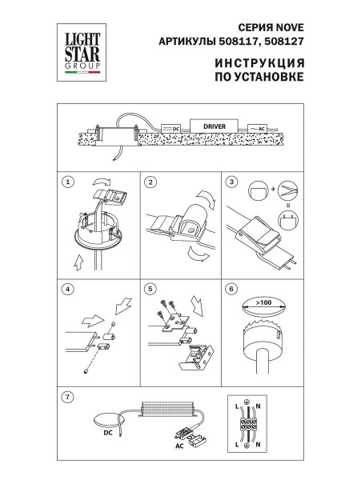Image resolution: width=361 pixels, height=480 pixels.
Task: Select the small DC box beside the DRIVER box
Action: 171,128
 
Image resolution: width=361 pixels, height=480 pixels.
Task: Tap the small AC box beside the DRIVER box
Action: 259,128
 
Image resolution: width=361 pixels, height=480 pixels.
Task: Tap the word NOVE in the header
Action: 286,25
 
